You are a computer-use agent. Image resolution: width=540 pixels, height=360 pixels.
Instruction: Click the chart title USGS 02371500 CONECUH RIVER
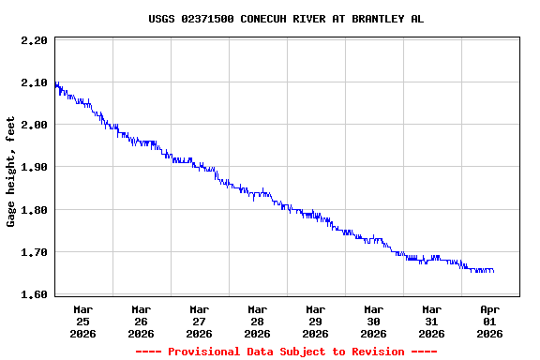click(286, 19)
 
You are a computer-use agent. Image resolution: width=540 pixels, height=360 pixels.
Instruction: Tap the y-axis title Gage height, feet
click(11, 172)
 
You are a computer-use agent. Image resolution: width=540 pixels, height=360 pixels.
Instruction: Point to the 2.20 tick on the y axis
click(34, 40)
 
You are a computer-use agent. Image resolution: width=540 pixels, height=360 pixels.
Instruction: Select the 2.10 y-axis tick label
click(34, 82)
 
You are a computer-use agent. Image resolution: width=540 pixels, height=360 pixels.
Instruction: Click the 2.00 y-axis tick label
click(34, 125)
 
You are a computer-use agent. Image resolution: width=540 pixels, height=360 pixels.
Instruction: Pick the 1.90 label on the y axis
click(34, 167)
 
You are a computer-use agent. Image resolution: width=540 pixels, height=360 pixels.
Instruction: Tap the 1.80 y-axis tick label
click(34, 210)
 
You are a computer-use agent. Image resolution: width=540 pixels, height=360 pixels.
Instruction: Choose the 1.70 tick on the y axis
click(34, 252)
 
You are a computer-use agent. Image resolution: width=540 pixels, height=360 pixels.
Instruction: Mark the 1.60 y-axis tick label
click(34, 294)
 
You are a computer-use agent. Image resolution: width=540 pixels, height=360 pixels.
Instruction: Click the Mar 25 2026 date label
click(83, 321)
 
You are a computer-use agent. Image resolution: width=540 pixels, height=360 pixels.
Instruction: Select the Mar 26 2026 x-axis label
click(142, 321)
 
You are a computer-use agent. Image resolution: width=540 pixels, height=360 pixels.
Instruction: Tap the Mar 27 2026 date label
click(200, 321)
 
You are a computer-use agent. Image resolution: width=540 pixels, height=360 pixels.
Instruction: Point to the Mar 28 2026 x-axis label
click(258, 321)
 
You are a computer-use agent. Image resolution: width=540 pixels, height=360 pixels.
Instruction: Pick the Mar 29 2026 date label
click(316, 321)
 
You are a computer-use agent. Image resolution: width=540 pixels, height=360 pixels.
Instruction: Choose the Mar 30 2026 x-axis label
click(374, 321)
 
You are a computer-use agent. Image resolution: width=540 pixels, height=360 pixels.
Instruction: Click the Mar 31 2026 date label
click(432, 321)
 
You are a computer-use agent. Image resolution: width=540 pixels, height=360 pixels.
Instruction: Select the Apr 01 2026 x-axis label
click(490, 321)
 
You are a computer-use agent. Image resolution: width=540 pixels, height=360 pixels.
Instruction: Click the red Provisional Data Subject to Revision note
click(286, 352)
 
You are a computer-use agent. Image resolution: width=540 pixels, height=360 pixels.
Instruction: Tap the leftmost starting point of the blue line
click(55, 83)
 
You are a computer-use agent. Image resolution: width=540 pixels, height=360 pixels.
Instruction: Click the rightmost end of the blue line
click(493, 271)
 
